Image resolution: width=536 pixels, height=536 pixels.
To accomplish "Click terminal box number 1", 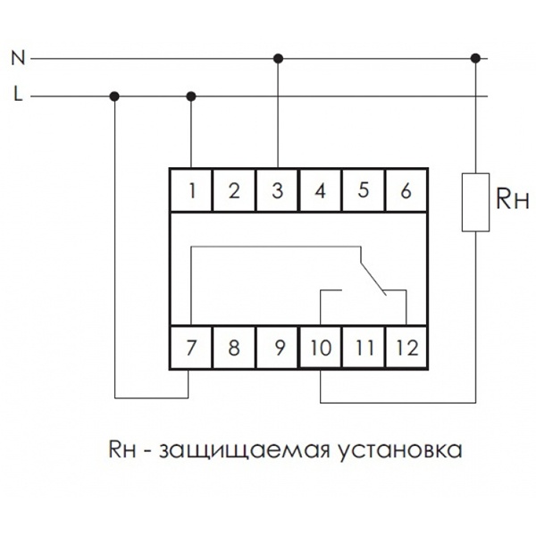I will pos(192,189).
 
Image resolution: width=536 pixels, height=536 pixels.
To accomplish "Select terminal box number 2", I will pos(235,189).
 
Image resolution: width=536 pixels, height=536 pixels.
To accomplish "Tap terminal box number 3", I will pos(278,189).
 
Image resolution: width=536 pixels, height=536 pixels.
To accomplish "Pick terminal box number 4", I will pos(321,189).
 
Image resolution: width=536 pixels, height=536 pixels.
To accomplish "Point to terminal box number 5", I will pos(364,189).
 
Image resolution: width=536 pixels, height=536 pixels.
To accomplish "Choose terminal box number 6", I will pos(406,189).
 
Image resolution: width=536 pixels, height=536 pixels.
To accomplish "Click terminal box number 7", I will pos(192,348).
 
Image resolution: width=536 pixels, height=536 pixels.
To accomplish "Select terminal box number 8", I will pos(235,348).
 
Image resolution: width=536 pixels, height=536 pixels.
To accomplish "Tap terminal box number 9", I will pos(278,348).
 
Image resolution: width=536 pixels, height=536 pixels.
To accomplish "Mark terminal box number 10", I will pos(321,348).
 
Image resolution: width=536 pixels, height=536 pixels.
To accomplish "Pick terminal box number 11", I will pos(364,348).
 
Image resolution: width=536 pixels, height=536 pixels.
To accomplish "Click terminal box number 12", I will pos(406,348).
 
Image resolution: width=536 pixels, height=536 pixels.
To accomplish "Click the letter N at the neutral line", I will pos(17,59).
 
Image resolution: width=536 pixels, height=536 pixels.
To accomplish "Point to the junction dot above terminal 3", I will pos(278,59).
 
